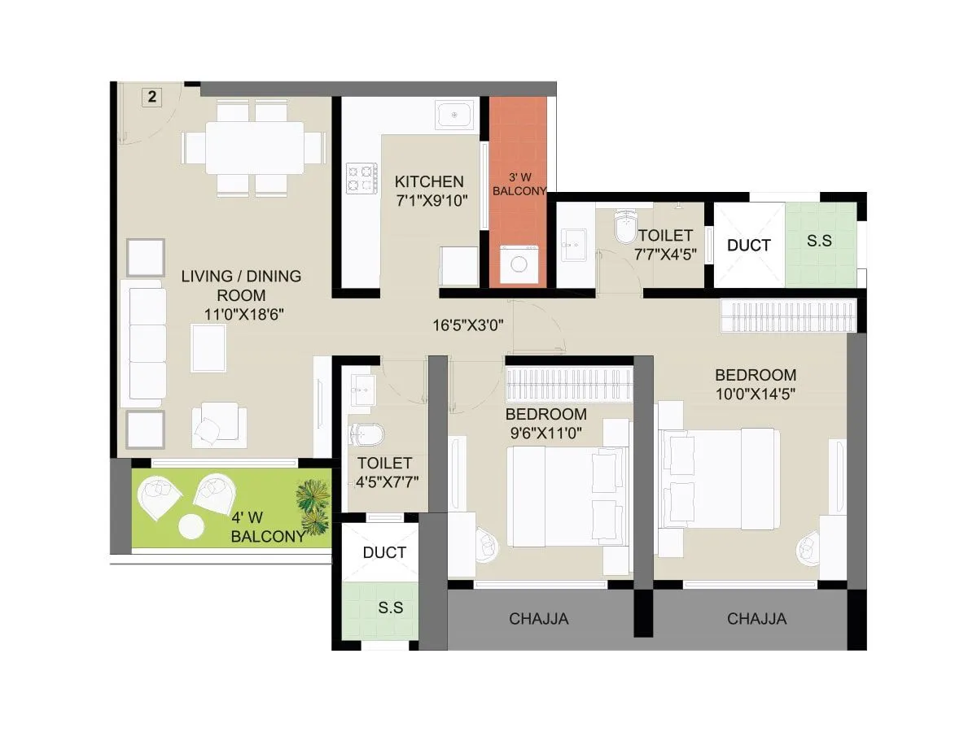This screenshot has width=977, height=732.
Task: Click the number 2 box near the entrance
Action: tap(152, 97)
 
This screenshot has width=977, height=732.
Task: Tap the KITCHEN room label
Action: tap(429, 181)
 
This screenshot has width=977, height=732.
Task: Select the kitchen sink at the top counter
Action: tap(454, 115)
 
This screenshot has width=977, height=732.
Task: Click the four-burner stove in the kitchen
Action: tap(362, 177)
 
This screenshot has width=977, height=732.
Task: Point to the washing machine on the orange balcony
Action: tap(518, 264)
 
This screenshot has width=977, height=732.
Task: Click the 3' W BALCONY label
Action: tap(519, 184)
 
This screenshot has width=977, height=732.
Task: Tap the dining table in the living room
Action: tap(254, 147)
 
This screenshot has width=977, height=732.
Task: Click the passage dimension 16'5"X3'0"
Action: tap(468, 325)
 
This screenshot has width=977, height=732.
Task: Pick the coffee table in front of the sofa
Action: tap(208, 347)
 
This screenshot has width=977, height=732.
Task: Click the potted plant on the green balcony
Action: tap(313, 506)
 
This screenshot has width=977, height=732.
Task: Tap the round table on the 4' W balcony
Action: tap(191, 527)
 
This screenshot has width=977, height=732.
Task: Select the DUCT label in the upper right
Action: tap(748, 245)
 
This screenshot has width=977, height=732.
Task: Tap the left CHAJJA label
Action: tap(539, 619)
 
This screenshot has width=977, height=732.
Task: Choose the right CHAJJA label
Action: tap(756, 619)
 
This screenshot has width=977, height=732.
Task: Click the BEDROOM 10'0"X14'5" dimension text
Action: tap(755, 393)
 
